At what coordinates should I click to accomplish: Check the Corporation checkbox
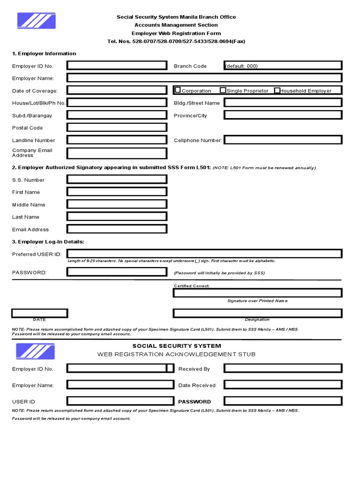pyautogui.click(x=178, y=90)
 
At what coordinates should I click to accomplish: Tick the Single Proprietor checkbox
pyautogui.click(x=223, y=90)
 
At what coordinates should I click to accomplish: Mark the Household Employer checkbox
pyautogui.click(x=277, y=90)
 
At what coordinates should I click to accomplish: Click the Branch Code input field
pyautogui.click(x=283, y=66)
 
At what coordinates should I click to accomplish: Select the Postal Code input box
pyautogui.click(x=117, y=127)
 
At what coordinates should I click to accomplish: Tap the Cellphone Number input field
pyautogui.click(x=283, y=140)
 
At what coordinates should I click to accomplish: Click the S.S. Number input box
pyautogui.click(x=117, y=180)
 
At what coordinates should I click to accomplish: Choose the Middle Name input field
pyautogui.click(x=117, y=204)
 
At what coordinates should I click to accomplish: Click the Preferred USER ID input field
pyautogui.click(x=204, y=254)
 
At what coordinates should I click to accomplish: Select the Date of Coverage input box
pyautogui.click(x=117, y=90)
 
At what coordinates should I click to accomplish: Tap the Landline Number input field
pyautogui.click(x=117, y=140)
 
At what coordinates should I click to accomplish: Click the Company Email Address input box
pyautogui.click(x=117, y=153)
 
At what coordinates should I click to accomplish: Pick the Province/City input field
pyautogui.click(x=283, y=115)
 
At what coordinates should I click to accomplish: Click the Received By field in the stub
pyautogui.click(x=283, y=368)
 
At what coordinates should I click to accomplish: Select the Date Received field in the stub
pyautogui.click(x=283, y=385)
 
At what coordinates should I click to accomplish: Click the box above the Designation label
pyautogui.click(x=257, y=313)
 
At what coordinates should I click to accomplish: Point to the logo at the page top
pyautogui.click(x=36, y=21)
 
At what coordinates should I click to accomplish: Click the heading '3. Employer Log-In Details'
pyautogui.click(x=48, y=241)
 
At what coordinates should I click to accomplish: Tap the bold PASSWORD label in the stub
pyautogui.click(x=195, y=402)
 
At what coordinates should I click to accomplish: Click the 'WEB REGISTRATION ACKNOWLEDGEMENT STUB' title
pyautogui.click(x=176, y=354)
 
